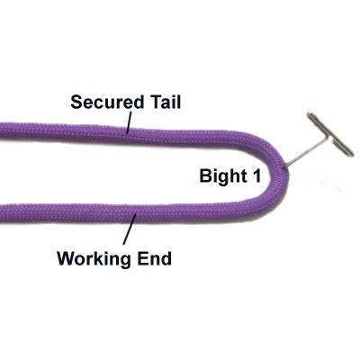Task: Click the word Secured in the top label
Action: (x=107, y=102)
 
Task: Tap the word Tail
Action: (x=166, y=102)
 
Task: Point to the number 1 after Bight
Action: (x=256, y=175)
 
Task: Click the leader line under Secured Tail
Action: (x=130, y=122)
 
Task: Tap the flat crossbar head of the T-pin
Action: (x=330, y=134)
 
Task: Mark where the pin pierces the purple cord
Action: (x=284, y=166)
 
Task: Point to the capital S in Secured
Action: (x=76, y=102)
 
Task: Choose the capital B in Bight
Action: (x=206, y=175)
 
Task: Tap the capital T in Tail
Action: (x=157, y=102)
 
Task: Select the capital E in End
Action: (x=143, y=258)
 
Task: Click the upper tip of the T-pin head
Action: (x=309, y=114)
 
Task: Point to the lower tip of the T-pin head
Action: (x=352, y=154)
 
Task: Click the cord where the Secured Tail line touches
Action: (x=127, y=133)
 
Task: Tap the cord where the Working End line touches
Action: (x=136, y=215)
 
